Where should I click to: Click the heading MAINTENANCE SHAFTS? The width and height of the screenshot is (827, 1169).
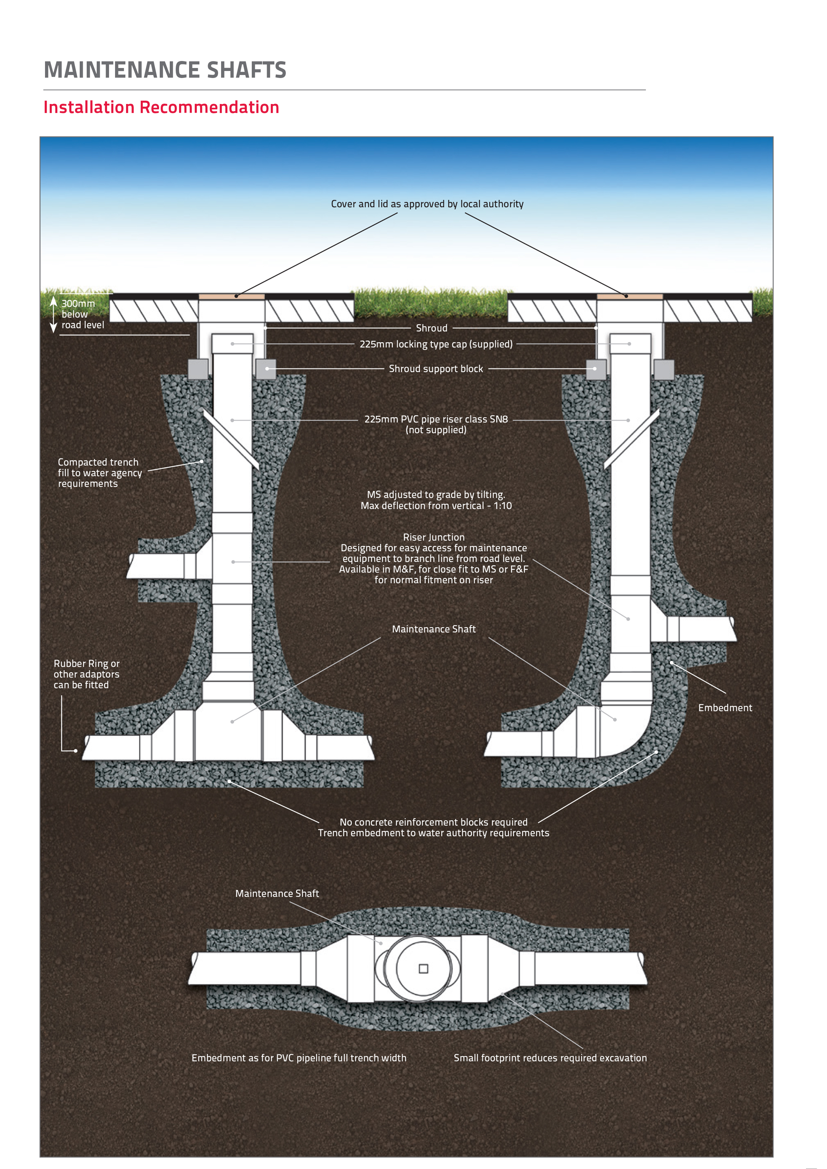click(165, 70)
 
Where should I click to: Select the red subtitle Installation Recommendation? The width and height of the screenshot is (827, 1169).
click(161, 107)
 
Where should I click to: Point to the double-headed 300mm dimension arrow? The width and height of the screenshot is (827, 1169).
click(53, 315)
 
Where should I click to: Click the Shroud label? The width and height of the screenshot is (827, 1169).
click(432, 328)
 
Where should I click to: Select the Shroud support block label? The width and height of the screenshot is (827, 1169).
click(436, 369)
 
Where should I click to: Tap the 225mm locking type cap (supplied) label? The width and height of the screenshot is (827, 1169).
click(436, 344)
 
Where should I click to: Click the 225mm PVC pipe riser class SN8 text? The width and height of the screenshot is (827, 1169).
click(436, 419)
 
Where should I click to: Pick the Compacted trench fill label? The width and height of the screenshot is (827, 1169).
click(100, 473)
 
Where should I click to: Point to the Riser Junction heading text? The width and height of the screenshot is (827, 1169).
click(434, 537)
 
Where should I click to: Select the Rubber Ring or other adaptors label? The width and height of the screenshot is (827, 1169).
click(87, 674)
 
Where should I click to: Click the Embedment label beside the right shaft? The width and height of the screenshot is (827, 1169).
click(725, 708)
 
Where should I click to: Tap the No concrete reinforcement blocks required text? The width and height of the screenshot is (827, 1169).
click(434, 822)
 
